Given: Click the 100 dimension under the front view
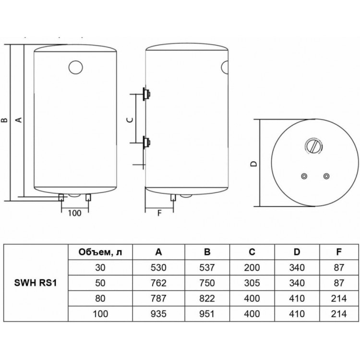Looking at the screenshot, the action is pyautogui.click(x=74, y=213).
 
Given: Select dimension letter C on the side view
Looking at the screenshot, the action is pyautogui.click(x=130, y=120).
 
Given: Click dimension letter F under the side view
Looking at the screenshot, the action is pyautogui.click(x=159, y=213).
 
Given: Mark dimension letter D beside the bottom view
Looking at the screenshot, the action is pyautogui.click(x=253, y=164).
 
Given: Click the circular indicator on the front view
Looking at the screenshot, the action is pyautogui.click(x=75, y=67).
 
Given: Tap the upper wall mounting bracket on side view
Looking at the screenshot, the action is pyautogui.click(x=146, y=94).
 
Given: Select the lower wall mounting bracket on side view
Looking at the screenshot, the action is pyautogui.click(x=146, y=143).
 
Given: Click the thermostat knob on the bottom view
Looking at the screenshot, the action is pyautogui.click(x=313, y=146).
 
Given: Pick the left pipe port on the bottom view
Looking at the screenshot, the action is pyautogui.click(x=304, y=176).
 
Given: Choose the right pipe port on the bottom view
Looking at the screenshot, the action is pyautogui.click(x=326, y=176).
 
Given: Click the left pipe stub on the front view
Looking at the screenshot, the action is pyautogui.click(x=61, y=197).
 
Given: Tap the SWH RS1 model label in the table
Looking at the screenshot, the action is pyautogui.click(x=36, y=283).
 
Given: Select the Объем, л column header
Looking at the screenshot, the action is pyautogui.click(x=100, y=252).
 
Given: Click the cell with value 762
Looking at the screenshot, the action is pyautogui.click(x=158, y=283).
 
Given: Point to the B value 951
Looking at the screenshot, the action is pyautogui.click(x=207, y=313).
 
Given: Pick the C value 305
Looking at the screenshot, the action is pyautogui.click(x=252, y=283).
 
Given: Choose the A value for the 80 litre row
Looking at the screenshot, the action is pyautogui.click(x=158, y=298).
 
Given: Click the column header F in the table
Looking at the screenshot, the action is pyautogui.click(x=339, y=252).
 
